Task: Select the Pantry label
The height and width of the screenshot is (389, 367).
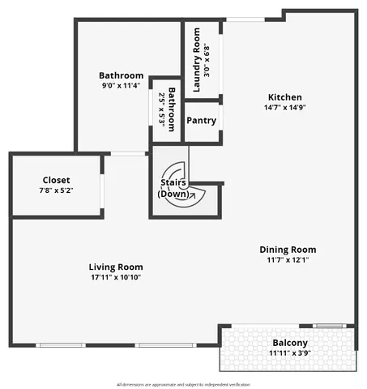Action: click(x=200, y=121)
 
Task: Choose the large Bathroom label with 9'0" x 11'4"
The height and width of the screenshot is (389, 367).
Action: click(x=121, y=75)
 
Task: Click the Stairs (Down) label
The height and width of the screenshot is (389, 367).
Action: click(x=174, y=189)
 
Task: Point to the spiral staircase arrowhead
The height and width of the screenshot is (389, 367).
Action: click(x=192, y=196)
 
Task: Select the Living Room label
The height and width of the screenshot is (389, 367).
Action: click(x=116, y=267)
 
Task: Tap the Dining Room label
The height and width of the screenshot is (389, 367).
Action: click(x=288, y=250)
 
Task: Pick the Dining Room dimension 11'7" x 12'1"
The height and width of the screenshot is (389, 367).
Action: click(x=288, y=260)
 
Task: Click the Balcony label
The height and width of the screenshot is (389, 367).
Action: click(x=289, y=343)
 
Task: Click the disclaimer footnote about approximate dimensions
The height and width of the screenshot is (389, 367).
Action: click(x=183, y=384)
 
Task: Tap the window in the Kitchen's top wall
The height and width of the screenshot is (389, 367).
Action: click(x=244, y=19)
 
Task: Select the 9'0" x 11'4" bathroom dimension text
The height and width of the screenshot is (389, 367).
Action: click(x=121, y=85)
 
